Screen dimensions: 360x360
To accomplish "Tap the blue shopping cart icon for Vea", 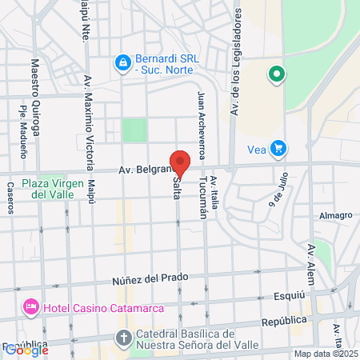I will (x=278, y=148).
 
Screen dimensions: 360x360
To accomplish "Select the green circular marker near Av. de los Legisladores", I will (x=276, y=74).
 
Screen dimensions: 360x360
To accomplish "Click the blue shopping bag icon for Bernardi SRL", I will (x=122, y=62).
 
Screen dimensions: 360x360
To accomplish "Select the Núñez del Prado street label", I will (x=150, y=278).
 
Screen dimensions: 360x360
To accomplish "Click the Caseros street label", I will (x=11, y=197).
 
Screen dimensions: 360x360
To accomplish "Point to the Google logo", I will (x=26, y=350).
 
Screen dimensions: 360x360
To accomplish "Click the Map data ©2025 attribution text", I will (x=326, y=353).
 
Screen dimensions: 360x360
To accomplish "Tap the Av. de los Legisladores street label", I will (x=236, y=63).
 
